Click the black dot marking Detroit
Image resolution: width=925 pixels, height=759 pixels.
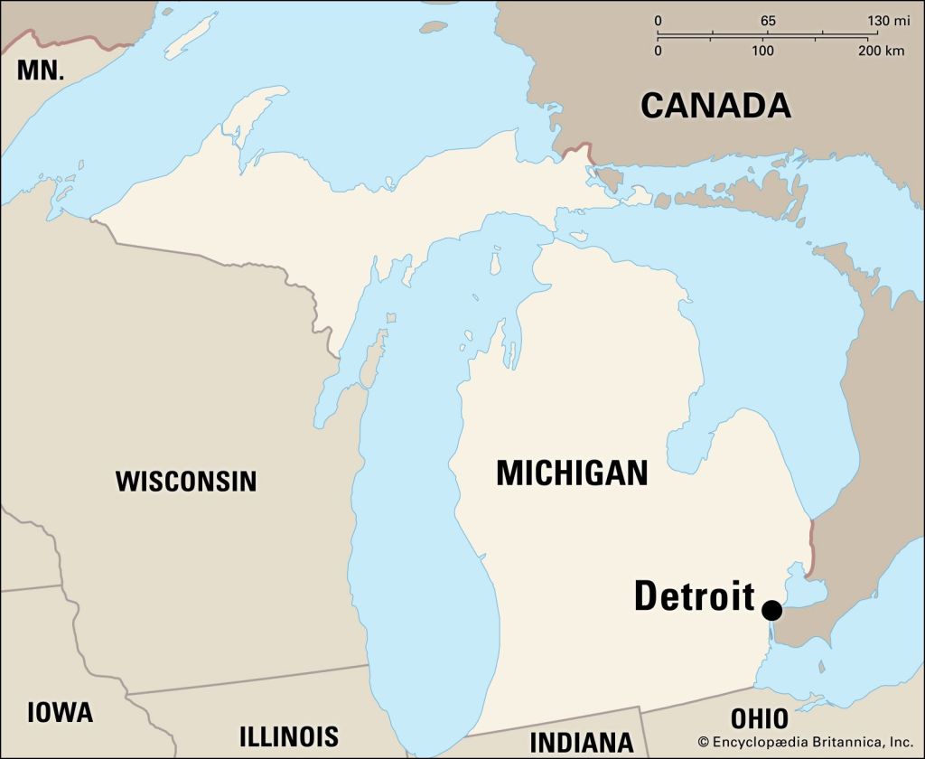(771, 610)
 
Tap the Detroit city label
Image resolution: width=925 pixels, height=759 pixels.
(694, 596)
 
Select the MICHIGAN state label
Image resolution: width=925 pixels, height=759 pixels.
(572, 473)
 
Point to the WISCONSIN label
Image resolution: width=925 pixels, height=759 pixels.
(186, 481)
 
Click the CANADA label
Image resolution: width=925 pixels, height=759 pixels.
(715, 106)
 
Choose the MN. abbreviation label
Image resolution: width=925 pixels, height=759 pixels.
(41, 70)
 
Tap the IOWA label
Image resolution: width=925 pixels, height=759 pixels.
(60, 712)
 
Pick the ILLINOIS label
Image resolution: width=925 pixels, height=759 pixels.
(288, 736)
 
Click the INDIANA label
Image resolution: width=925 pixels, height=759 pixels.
(581, 742)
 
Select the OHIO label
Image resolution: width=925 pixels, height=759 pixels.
(759, 719)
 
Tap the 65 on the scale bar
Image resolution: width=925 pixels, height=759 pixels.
(768, 21)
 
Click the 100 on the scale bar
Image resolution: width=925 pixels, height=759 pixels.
(764, 51)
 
